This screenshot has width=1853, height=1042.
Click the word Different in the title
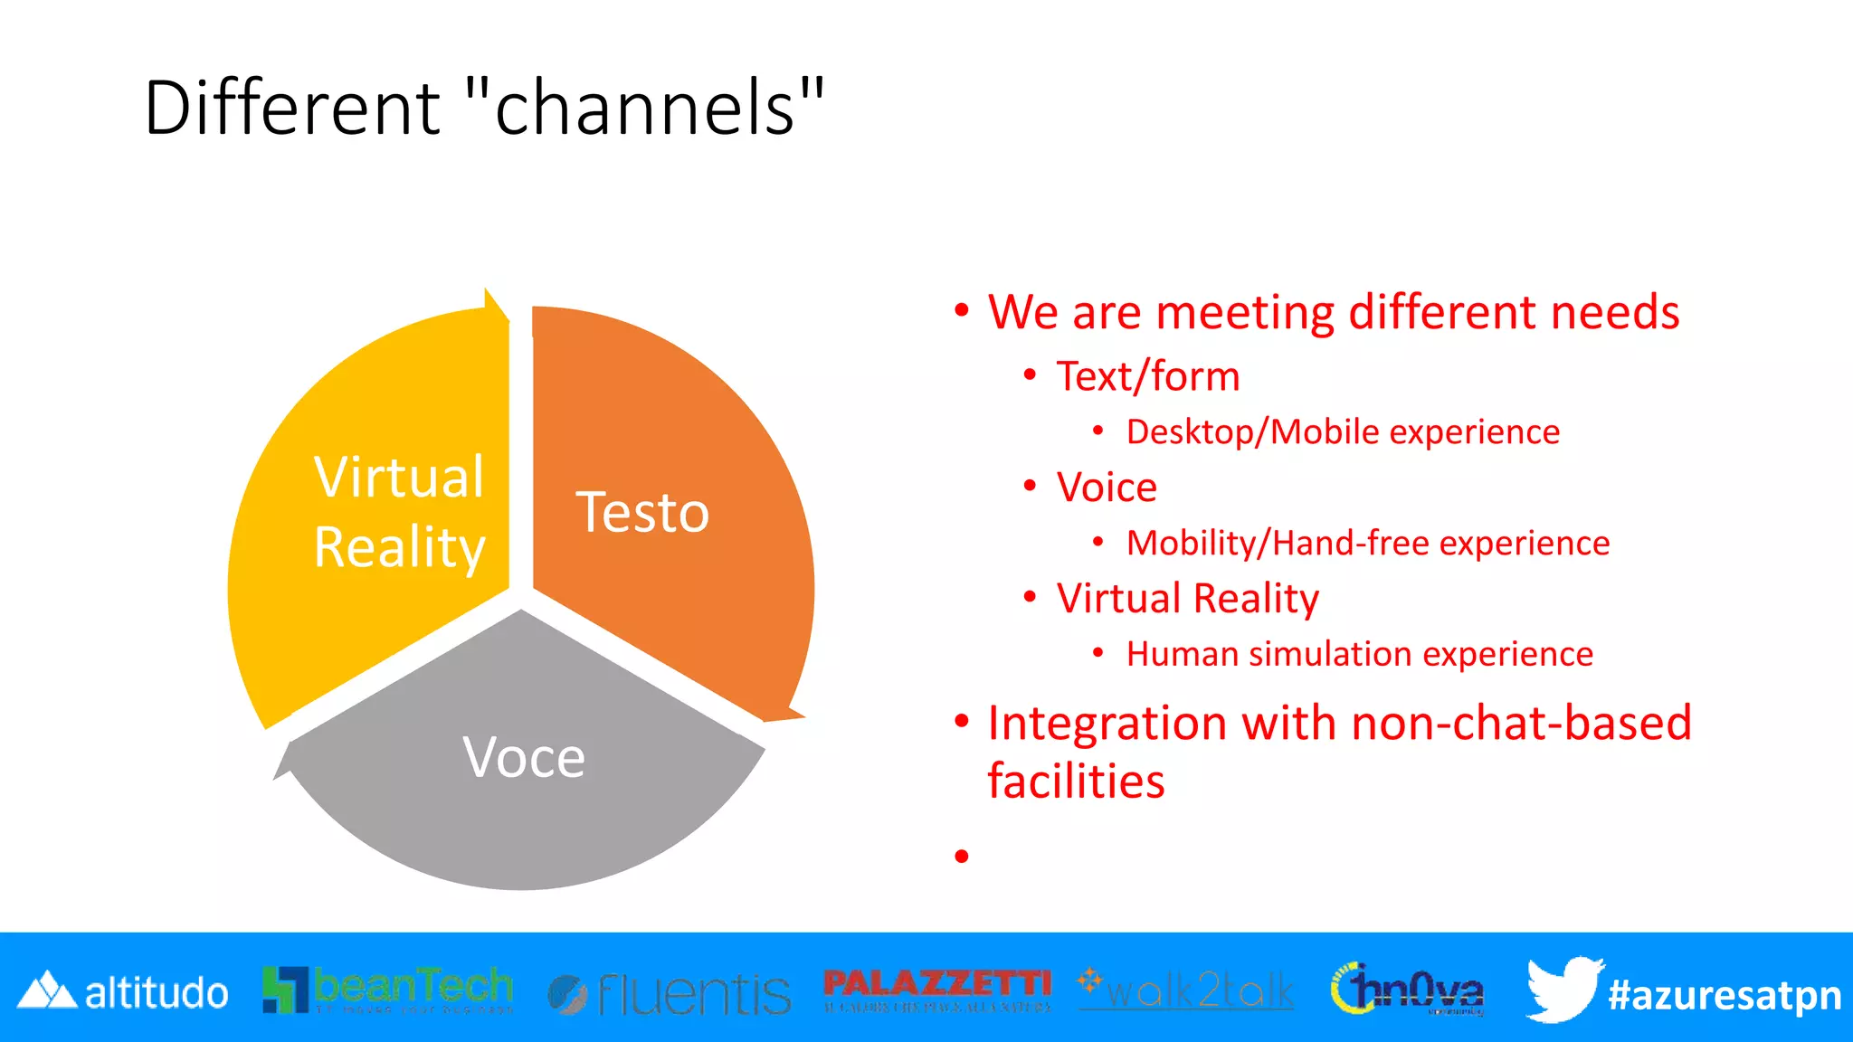pos(291,108)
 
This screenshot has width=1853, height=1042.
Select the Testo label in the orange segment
pos(642,513)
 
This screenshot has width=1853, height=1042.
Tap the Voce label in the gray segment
pos(524,757)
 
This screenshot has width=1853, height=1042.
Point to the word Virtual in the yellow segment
pos(399,477)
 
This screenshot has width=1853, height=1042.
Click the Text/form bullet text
pos(1147,376)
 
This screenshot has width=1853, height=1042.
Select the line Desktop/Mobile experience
pos(1343,432)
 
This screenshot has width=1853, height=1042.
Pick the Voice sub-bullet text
pos(1107,488)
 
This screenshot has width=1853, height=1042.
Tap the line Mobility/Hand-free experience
pos(1367,544)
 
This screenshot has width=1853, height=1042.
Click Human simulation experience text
pos(1359,654)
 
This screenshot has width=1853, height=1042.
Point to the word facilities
pos(1076,781)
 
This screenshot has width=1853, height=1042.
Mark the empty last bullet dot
pos(962,856)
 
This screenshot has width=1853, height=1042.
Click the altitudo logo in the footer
pos(123,992)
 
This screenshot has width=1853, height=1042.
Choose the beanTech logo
pos(387,990)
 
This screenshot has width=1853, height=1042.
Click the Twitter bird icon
pos(1563,989)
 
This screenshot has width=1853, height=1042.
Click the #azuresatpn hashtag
pos(1724,995)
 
